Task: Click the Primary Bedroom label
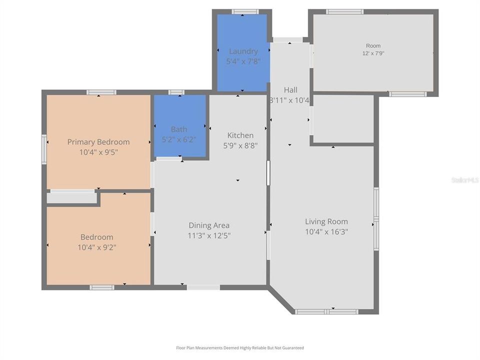point(98,142)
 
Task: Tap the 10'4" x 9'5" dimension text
point(98,152)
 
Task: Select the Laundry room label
point(243,51)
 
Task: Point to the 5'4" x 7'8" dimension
point(243,61)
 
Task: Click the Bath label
point(179,129)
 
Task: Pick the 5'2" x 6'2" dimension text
point(179,139)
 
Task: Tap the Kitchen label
point(240,135)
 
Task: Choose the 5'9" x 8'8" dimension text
point(240,145)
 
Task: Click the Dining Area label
point(209,225)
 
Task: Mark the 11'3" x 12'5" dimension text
point(209,235)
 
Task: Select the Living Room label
point(326,221)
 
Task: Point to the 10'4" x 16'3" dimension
point(326,231)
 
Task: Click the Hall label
point(290,90)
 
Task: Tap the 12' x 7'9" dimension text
point(373,53)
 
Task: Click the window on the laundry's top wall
point(245,11)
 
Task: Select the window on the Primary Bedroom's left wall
point(44,149)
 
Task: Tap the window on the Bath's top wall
point(176,92)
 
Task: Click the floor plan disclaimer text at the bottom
point(240,348)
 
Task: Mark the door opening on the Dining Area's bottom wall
point(203,287)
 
